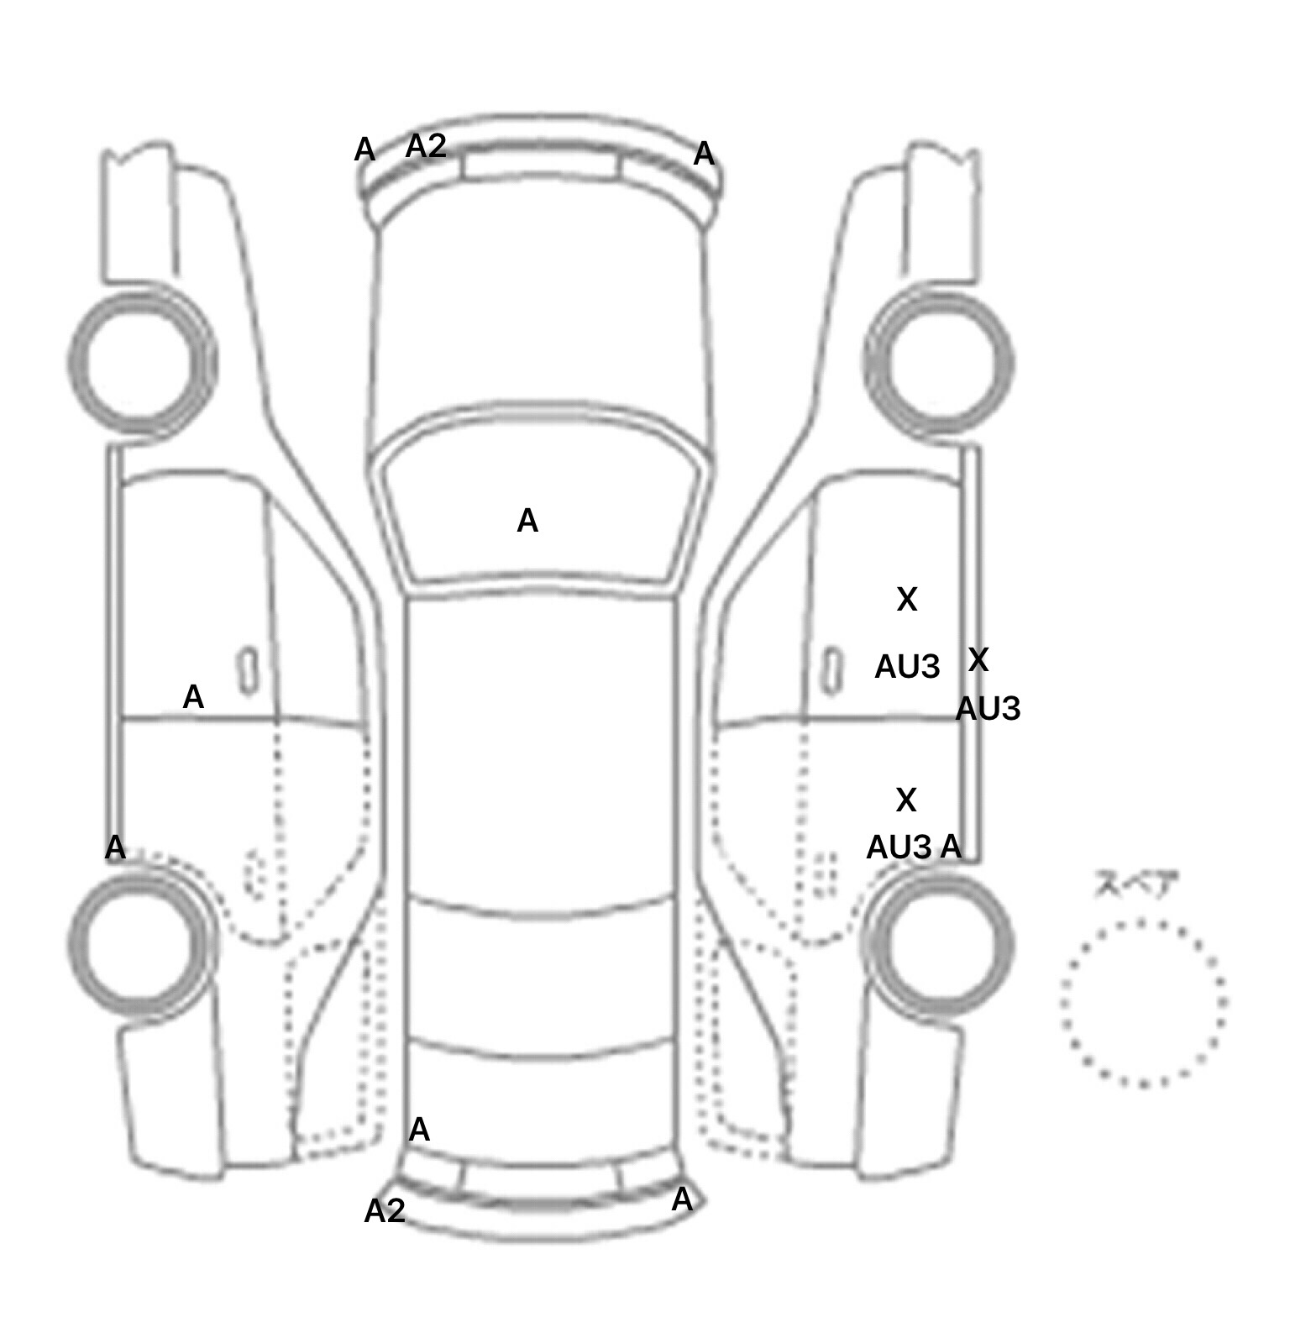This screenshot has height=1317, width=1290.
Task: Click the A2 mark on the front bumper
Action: click(426, 146)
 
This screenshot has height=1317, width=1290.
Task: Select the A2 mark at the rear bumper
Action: click(385, 1210)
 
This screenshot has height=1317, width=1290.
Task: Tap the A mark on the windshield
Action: click(527, 521)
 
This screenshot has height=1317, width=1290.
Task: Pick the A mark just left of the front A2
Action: click(364, 150)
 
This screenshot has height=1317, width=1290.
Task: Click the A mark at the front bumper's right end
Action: click(704, 154)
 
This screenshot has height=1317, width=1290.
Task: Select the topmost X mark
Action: click(907, 599)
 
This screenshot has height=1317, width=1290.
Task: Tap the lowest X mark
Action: click(906, 800)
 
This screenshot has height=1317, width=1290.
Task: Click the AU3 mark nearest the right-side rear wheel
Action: click(899, 847)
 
